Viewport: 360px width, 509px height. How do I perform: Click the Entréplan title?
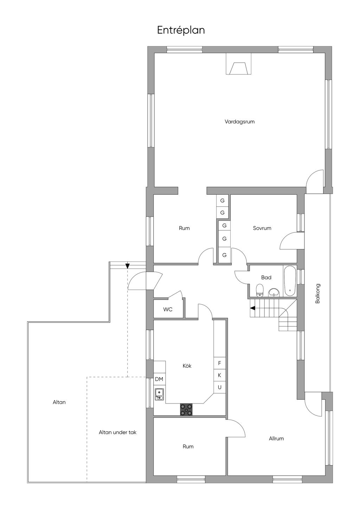click(181, 30)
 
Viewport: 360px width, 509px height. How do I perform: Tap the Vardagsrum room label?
click(239, 122)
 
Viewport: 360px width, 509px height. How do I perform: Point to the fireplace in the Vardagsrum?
click(238, 64)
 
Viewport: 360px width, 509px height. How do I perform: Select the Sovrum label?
click(262, 228)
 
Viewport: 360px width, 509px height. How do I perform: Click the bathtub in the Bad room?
click(290, 281)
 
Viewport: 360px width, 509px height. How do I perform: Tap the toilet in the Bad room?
click(259, 291)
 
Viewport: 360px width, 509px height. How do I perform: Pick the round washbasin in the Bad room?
click(274, 292)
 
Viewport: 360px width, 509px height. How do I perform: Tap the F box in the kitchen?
click(219, 363)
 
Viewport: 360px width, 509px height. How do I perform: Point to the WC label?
click(168, 309)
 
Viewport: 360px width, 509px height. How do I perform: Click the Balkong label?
click(317, 294)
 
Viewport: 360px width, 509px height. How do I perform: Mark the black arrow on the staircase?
click(252, 308)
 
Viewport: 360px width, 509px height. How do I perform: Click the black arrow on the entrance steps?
click(127, 266)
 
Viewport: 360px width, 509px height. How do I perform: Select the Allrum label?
click(276, 439)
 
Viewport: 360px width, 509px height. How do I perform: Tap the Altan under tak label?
click(117, 432)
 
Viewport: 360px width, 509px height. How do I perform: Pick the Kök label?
click(187, 366)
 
